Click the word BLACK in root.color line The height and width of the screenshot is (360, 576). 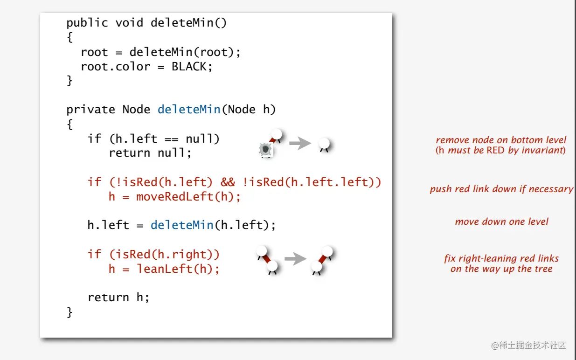click(x=188, y=66)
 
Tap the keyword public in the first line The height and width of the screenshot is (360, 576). click(x=87, y=23)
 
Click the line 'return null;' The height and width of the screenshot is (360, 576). click(x=150, y=153)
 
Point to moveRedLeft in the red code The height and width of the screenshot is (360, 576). click(x=175, y=196)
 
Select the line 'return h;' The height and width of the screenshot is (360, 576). click(x=118, y=297)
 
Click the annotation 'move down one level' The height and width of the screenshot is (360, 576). click(x=501, y=222)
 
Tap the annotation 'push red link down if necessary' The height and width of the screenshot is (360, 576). click(x=501, y=189)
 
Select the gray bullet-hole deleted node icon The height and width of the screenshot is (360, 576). click(x=265, y=150)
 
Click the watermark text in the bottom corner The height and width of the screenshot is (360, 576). click(x=528, y=346)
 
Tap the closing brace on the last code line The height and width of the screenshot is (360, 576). click(x=69, y=312)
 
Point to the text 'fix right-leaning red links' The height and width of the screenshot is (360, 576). click(x=501, y=258)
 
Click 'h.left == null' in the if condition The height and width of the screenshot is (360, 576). click(x=160, y=138)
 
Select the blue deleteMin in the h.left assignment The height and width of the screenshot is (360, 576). click(x=182, y=225)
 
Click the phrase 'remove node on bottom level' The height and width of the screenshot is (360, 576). click(x=501, y=140)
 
